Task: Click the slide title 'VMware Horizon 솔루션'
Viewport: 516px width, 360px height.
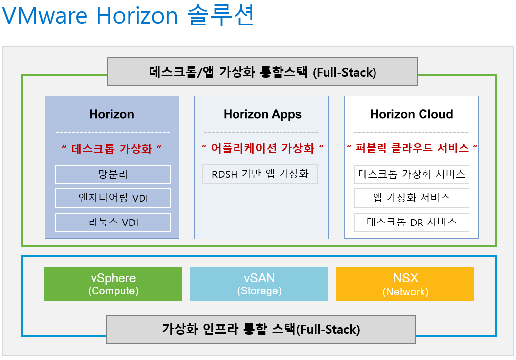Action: pos(128,16)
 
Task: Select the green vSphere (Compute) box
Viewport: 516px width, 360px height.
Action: pos(113,284)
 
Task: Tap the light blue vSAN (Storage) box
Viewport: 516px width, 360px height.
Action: pos(259,284)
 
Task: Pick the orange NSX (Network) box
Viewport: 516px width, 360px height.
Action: pos(405,284)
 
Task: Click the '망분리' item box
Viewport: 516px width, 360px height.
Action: pos(113,175)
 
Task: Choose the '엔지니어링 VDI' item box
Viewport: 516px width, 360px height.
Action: pos(113,198)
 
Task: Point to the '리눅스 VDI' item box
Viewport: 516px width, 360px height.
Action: pos(113,223)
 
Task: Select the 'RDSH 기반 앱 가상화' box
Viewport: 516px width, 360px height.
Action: pos(260,174)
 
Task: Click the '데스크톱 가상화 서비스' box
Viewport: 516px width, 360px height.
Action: pos(412,174)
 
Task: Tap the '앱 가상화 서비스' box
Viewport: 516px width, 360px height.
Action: pos(412,198)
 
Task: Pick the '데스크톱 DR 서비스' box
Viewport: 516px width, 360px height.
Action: pos(412,222)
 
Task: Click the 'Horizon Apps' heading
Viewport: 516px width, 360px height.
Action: pos(262,114)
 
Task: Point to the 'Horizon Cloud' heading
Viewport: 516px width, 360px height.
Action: pos(412,114)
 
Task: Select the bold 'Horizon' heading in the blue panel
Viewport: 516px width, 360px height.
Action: pos(112,114)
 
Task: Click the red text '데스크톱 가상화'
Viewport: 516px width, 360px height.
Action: pos(112,149)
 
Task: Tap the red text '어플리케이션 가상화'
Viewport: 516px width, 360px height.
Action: pos(263,149)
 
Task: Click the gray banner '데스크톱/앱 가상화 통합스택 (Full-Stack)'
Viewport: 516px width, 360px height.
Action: pos(263,72)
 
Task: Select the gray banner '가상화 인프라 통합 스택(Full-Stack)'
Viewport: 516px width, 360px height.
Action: pos(261,329)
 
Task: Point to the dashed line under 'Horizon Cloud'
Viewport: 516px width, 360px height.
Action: pos(411,133)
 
